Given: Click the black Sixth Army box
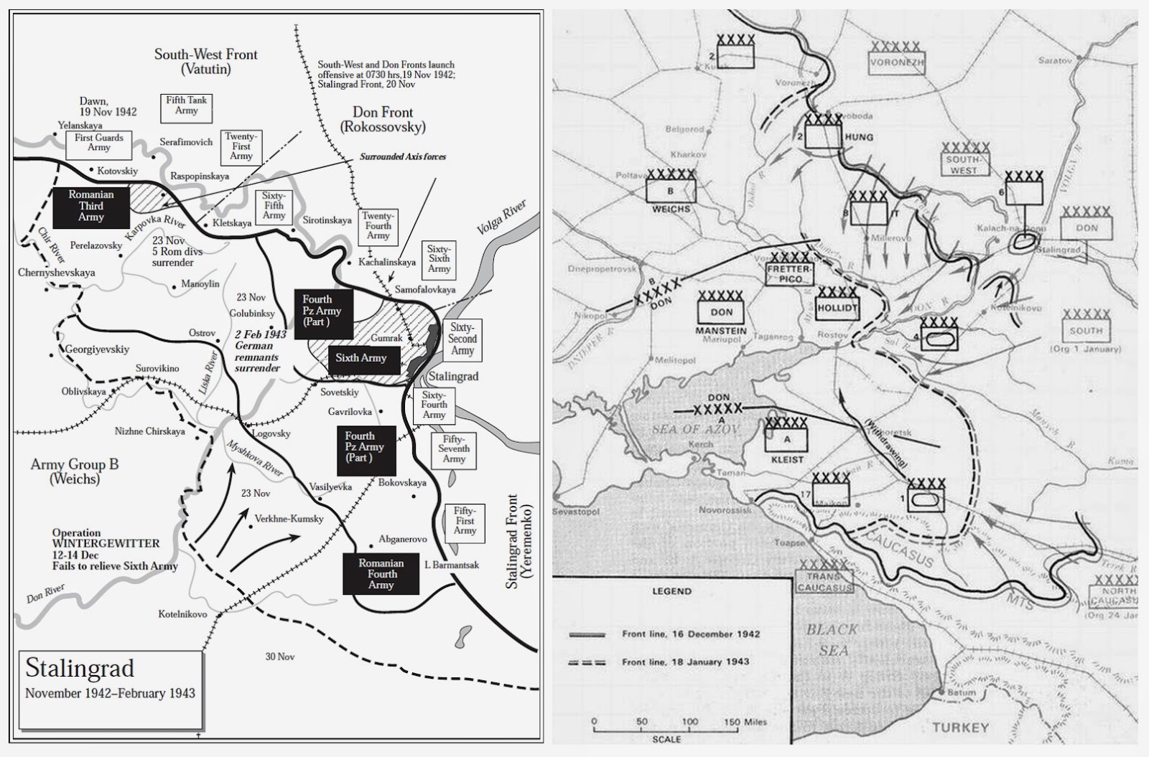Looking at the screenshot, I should (x=363, y=359).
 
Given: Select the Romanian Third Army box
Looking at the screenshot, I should (x=91, y=206).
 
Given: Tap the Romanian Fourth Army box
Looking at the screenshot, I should (x=381, y=574).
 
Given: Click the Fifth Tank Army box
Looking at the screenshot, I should (x=186, y=105).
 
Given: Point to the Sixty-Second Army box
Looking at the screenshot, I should (x=462, y=339).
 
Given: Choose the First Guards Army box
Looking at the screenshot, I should (x=99, y=143).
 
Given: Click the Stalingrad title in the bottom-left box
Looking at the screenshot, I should (x=80, y=668).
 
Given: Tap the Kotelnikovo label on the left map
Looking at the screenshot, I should (x=182, y=614).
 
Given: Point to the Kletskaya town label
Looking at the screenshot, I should (x=233, y=223).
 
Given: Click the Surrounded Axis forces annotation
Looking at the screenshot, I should (x=403, y=156).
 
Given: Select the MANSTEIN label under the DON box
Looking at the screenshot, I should (x=721, y=332).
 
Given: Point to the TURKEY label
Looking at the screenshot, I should (x=960, y=727).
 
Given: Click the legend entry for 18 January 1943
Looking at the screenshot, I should (x=685, y=662).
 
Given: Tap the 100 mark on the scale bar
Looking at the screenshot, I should (x=689, y=722).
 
